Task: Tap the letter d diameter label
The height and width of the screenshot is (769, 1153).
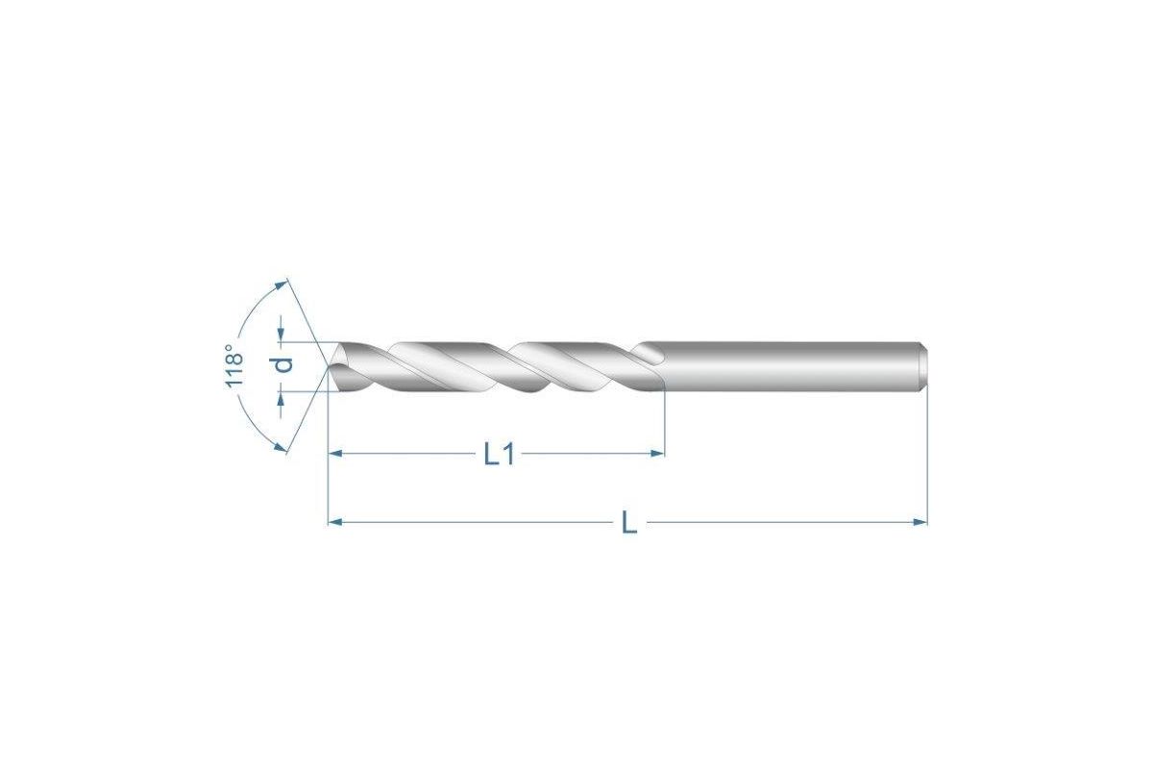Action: pyautogui.click(x=283, y=364)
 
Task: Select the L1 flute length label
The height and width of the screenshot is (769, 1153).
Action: pyautogui.click(x=499, y=456)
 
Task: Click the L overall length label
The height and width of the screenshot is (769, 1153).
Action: pyautogui.click(x=629, y=523)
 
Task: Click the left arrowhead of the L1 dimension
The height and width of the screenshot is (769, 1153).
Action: pyautogui.click(x=335, y=454)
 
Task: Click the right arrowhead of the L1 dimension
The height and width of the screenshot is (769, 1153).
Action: pyautogui.click(x=658, y=454)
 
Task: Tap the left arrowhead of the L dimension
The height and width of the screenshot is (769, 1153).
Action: pyautogui.click(x=335, y=522)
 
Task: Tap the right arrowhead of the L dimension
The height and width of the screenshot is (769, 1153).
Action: pyautogui.click(x=920, y=522)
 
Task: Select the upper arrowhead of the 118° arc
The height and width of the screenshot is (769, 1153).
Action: pyautogui.click(x=281, y=285)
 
